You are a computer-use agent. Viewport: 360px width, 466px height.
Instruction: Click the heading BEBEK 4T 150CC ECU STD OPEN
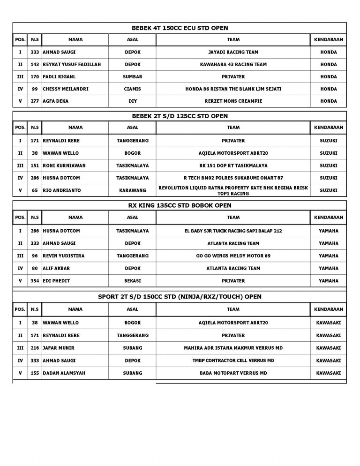[180, 28]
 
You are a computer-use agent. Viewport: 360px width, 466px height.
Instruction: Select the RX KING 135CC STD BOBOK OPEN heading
[180, 205]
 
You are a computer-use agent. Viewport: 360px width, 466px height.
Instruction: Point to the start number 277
[34, 101]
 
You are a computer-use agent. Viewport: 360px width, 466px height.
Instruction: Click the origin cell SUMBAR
[133, 76]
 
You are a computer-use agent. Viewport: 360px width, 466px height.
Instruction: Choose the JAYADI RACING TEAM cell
[233, 52]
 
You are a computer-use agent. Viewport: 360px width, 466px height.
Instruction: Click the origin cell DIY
[133, 101]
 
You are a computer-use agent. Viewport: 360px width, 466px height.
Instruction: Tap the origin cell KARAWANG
[133, 190]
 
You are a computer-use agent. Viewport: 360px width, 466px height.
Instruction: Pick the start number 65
[34, 190]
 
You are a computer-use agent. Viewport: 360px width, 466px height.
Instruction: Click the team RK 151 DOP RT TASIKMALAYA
[233, 165]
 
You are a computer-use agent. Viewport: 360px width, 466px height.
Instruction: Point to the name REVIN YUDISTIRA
[63, 256]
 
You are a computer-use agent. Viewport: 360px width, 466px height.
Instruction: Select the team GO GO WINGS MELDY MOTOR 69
[233, 256]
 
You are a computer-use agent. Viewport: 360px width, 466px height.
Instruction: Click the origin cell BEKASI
[133, 280]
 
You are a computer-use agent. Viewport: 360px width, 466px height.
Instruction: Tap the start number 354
[34, 280]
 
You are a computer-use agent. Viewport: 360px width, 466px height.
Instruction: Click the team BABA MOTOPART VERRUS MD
[233, 372]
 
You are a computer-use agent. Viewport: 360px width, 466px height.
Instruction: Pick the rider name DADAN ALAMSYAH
[64, 372]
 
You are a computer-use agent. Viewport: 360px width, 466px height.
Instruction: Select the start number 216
[34, 348]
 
